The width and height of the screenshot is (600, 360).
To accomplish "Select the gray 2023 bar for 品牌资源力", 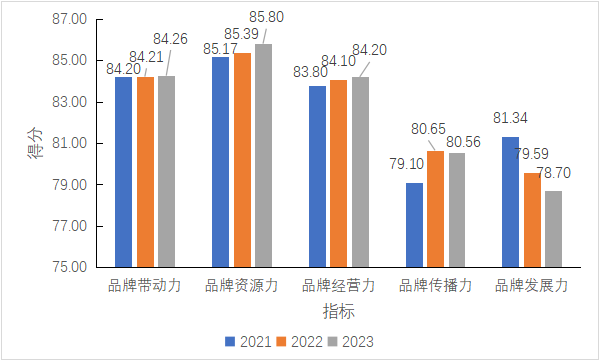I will click(x=263, y=156).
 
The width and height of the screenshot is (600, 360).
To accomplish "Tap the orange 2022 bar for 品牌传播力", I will click(x=435, y=209).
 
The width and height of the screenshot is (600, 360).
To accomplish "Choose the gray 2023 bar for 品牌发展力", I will click(x=553, y=229).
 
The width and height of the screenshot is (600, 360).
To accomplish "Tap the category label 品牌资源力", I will click(x=241, y=286).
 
